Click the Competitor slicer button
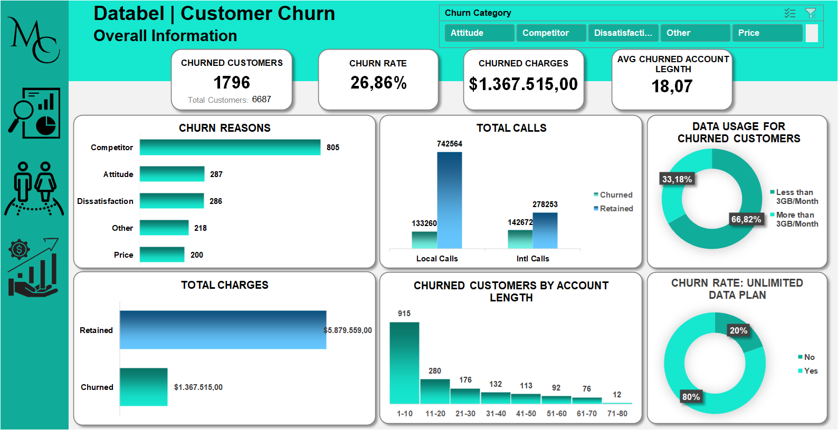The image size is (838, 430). click(551, 33)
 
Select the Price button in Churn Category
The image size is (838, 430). click(767, 33)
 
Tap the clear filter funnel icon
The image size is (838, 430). click(811, 13)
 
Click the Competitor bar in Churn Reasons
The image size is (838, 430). click(230, 148)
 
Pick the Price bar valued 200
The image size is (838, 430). click(162, 255)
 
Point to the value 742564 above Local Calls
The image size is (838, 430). click(449, 144)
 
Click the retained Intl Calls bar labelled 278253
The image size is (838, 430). click(545, 230)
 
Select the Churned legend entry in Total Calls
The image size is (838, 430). click(615, 195)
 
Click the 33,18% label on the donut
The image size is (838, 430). click(677, 179)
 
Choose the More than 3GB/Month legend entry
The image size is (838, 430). click(796, 219)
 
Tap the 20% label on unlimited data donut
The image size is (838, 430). click(738, 330)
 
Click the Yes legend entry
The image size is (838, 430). click(811, 371)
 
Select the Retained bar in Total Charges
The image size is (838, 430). click(223, 330)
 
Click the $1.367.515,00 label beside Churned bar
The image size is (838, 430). click(198, 387)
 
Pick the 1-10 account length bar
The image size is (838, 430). click(404, 363)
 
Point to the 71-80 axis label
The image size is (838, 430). click(617, 414)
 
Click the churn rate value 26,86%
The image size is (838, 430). click(378, 83)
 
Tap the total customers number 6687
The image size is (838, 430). click(261, 99)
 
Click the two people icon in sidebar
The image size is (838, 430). click(34, 189)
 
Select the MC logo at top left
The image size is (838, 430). click(34, 40)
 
